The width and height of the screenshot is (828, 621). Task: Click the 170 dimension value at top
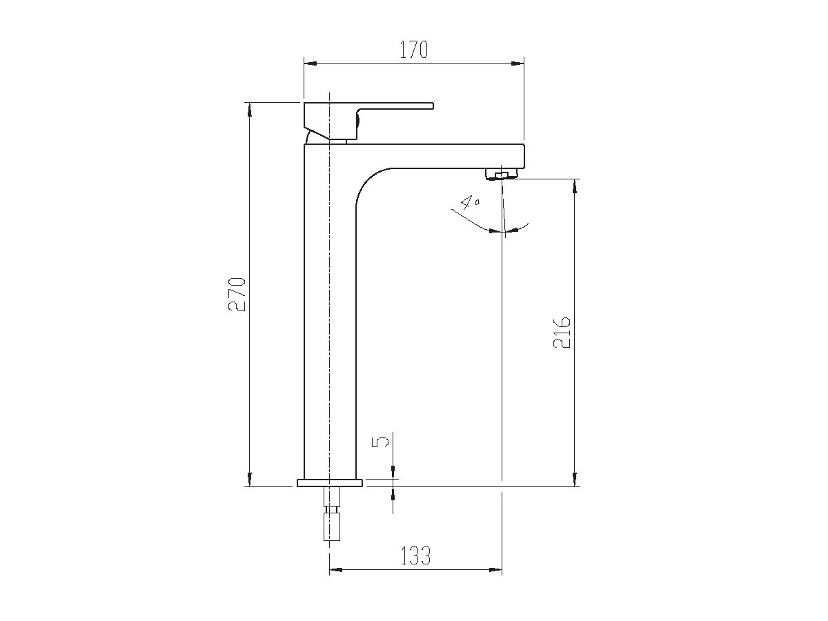[x=413, y=50]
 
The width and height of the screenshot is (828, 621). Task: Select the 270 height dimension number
[x=237, y=294]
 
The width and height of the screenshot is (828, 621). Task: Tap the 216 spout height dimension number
[x=562, y=332]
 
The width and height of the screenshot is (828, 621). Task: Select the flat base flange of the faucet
[x=329, y=483]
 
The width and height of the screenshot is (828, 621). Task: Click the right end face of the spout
[x=524, y=156]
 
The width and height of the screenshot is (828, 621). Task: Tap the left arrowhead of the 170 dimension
[x=309, y=63]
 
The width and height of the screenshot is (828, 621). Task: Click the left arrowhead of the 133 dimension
[x=336, y=570]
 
